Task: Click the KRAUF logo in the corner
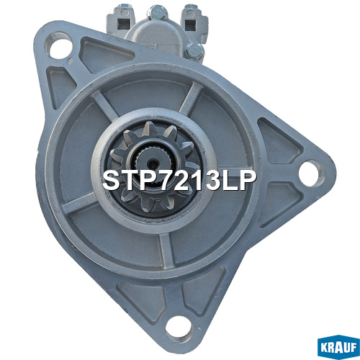point(338,347)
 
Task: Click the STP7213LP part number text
point(179,180)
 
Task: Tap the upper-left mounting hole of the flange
point(58,46)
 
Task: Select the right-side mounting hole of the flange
point(311,174)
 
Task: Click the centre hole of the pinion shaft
point(153,164)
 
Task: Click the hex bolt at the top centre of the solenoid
point(157,12)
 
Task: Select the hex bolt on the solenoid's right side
point(194,51)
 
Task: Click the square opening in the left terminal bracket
point(124,24)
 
